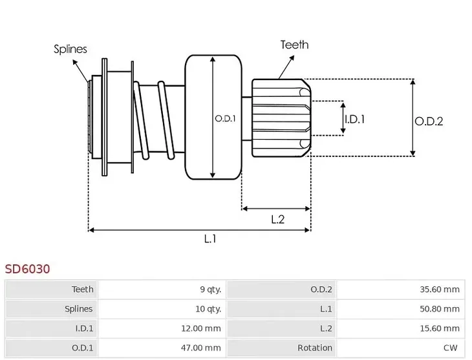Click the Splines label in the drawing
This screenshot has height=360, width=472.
click(70, 49)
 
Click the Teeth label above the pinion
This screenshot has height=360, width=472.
click(294, 45)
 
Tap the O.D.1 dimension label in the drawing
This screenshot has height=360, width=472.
click(224, 119)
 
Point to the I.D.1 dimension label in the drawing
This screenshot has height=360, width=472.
click(354, 119)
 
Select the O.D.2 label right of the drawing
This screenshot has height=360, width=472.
click(428, 121)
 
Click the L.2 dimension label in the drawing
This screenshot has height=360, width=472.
click(277, 219)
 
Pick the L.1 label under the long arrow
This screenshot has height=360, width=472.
click(209, 239)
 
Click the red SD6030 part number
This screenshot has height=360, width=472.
click(27, 268)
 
